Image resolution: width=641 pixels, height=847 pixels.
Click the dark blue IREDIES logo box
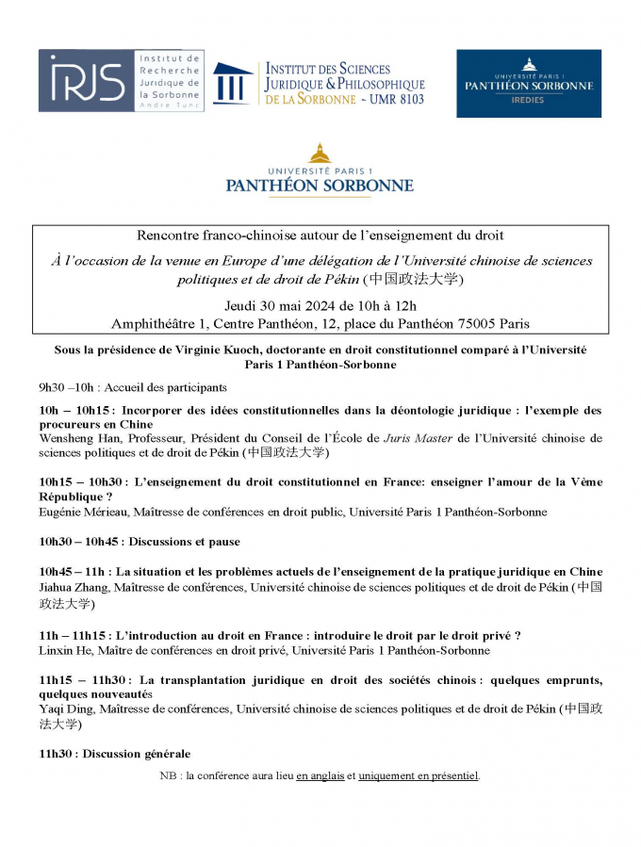(528, 84)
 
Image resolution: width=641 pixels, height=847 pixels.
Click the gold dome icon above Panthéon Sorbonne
(320, 153)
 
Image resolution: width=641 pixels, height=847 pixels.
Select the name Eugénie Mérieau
(85, 512)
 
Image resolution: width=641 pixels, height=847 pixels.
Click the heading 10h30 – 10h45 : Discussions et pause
(140, 542)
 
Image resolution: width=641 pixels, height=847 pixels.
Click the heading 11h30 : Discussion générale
(114, 754)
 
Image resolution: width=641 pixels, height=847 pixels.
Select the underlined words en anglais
(320, 775)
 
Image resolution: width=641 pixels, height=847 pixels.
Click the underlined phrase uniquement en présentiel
(419, 775)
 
